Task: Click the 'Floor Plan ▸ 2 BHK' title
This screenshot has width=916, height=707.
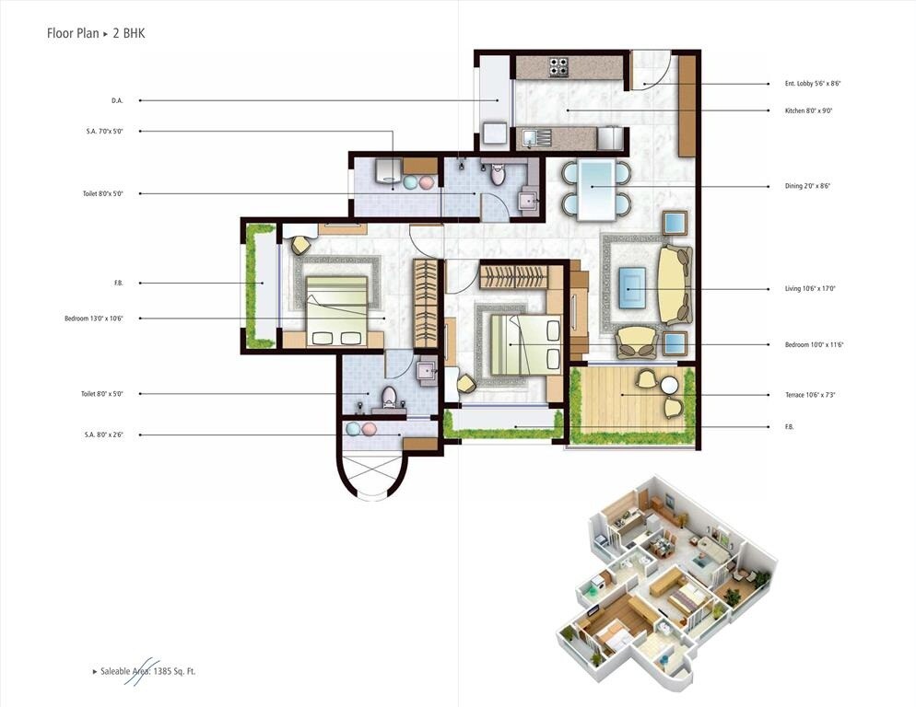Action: tap(96, 33)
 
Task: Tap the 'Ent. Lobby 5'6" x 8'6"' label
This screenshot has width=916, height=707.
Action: tap(812, 84)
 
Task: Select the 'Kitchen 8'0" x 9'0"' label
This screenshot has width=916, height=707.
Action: tap(808, 110)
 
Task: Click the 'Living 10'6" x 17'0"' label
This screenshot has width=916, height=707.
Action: tap(809, 289)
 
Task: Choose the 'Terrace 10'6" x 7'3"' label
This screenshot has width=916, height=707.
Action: tap(810, 395)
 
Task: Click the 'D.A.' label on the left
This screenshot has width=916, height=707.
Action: tap(117, 100)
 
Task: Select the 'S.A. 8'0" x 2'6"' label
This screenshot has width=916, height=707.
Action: tap(104, 434)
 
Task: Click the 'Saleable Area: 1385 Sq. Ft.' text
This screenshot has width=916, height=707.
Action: tap(145, 671)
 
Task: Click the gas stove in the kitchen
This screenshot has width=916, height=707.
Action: tap(558, 67)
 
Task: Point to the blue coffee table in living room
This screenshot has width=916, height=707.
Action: tap(632, 286)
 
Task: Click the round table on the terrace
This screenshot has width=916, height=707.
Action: tap(669, 385)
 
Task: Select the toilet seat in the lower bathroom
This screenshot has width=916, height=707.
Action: tap(389, 397)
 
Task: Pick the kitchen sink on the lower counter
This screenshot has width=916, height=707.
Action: tap(534, 138)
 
